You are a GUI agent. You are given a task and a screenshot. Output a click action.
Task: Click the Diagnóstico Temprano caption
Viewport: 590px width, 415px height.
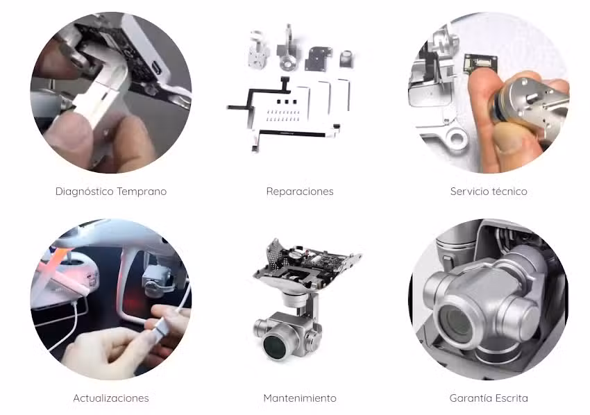click(x=111, y=192)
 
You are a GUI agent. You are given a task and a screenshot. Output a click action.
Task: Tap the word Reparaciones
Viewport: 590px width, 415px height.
click(x=300, y=192)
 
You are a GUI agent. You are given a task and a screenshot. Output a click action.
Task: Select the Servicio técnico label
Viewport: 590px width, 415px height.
click(x=488, y=192)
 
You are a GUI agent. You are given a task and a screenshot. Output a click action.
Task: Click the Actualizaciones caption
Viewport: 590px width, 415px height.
click(x=111, y=398)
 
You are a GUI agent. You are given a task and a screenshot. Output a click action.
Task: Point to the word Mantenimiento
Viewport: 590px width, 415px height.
click(x=300, y=398)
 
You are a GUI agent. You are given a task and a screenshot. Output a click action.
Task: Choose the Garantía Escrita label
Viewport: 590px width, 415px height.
click(x=488, y=398)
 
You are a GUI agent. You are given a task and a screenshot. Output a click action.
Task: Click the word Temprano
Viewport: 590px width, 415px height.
click(x=142, y=192)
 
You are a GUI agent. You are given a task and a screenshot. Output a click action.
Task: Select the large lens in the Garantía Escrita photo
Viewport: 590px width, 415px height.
click(x=462, y=316)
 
